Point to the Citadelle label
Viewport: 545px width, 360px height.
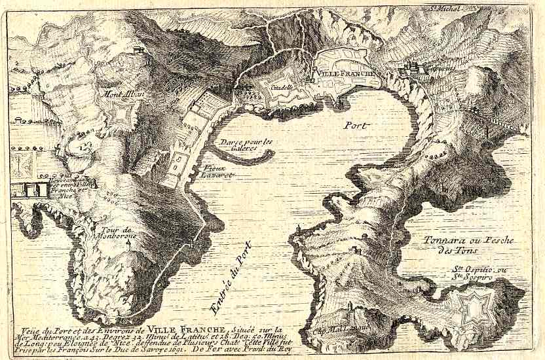coord(282,86)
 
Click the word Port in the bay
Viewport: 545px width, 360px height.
coord(356,125)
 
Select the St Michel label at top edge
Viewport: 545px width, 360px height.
coord(445,9)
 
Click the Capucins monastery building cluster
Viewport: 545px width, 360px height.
coord(413,69)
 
